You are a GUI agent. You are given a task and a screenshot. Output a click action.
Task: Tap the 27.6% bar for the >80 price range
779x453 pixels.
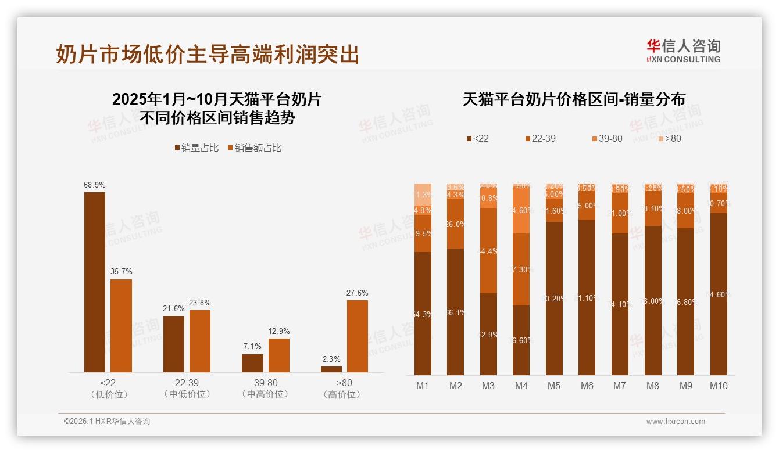pyautogui.click(x=357, y=336)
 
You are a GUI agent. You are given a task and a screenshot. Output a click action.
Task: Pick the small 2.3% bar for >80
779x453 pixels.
pyautogui.click(x=331, y=369)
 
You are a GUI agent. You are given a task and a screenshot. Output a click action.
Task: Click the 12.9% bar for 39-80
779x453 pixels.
pyautogui.click(x=278, y=355)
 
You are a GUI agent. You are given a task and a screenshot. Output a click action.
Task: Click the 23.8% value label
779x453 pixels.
pyautogui.click(x=200, y=303)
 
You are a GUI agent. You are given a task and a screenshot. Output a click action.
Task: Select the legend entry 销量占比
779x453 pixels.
pyautogui.click(x=196, y=148)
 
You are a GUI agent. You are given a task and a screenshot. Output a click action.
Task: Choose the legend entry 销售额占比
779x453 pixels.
pyautogui.click(x=254, y=148)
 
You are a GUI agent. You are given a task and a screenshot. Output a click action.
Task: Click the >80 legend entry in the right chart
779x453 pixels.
pyautogui.click(x=669, y=139)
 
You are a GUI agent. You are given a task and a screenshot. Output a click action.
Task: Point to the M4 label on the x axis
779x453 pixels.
pyautogui.click(x=521, y=386)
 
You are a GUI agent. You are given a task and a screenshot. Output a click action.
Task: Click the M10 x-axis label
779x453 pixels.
pyautogui.click(x=719, y=386)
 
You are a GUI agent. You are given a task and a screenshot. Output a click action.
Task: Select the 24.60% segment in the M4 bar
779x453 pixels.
pyautogui.click(x=521, y=210)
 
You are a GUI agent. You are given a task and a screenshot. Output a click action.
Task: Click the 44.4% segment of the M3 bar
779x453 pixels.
pyautogui.click(x=488, y=250)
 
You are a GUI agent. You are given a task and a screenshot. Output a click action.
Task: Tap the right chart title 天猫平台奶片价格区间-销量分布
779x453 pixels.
pyautogui.click(x=574, y=99)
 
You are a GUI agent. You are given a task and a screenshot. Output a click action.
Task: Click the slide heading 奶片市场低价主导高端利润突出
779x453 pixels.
pyautogui.click(x=208, y=54)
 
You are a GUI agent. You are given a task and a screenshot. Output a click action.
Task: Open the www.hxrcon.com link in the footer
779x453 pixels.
pyautogui.click(x=676, y=422)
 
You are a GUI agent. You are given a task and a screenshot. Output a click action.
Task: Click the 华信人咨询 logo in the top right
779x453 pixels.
pyautogui.click(x=683, y=51)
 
